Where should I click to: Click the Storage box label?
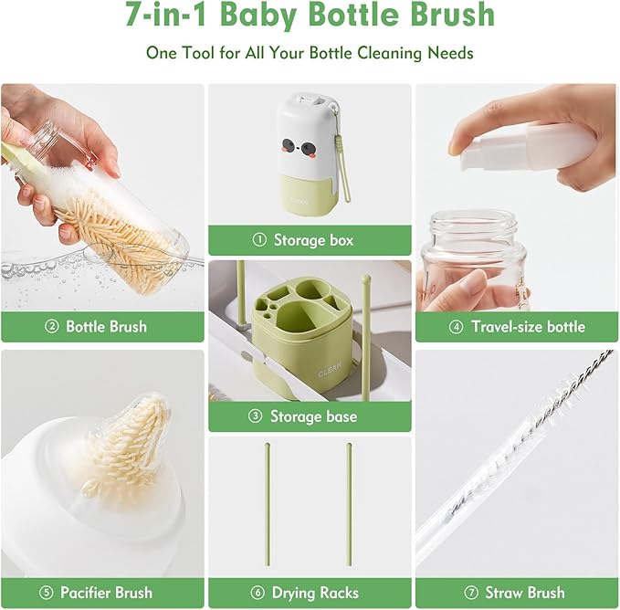coord(313,240)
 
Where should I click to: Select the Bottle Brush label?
coord(106,326)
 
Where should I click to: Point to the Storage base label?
coord(313,416)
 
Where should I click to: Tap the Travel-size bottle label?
coord(528,326)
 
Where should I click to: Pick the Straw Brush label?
coord(526,593)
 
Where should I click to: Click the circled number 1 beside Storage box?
coord(259,240)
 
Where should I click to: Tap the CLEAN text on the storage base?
coord(330,372)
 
